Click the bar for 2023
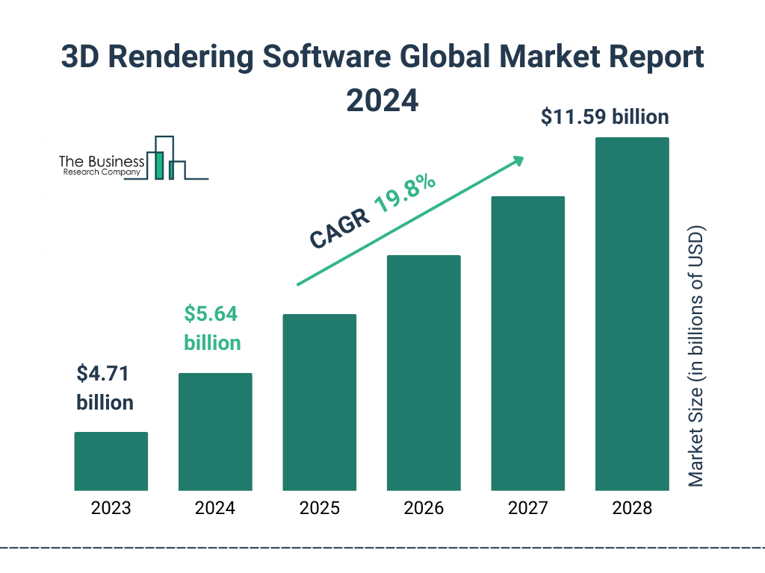[x=111, y=461]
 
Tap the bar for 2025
[x=319, y=402]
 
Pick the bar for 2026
[x=424, y=373]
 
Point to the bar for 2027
[x=527, y=343]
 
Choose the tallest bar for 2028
[x=632, y=314]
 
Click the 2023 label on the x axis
[x=111, y=509]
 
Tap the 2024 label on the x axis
[x=215, y=509]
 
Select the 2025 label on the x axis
[x=319, y=509]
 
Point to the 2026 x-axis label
[x=424, y=509]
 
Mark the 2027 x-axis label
[x=527, y=509]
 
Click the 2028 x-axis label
[x=632, y=509]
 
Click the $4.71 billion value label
[x=105, y=388]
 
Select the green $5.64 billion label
[x=212, y=328]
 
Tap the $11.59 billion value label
[x=605, y=117]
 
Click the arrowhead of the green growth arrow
[x=518, y=160]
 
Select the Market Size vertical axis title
[x=696, y=355]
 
